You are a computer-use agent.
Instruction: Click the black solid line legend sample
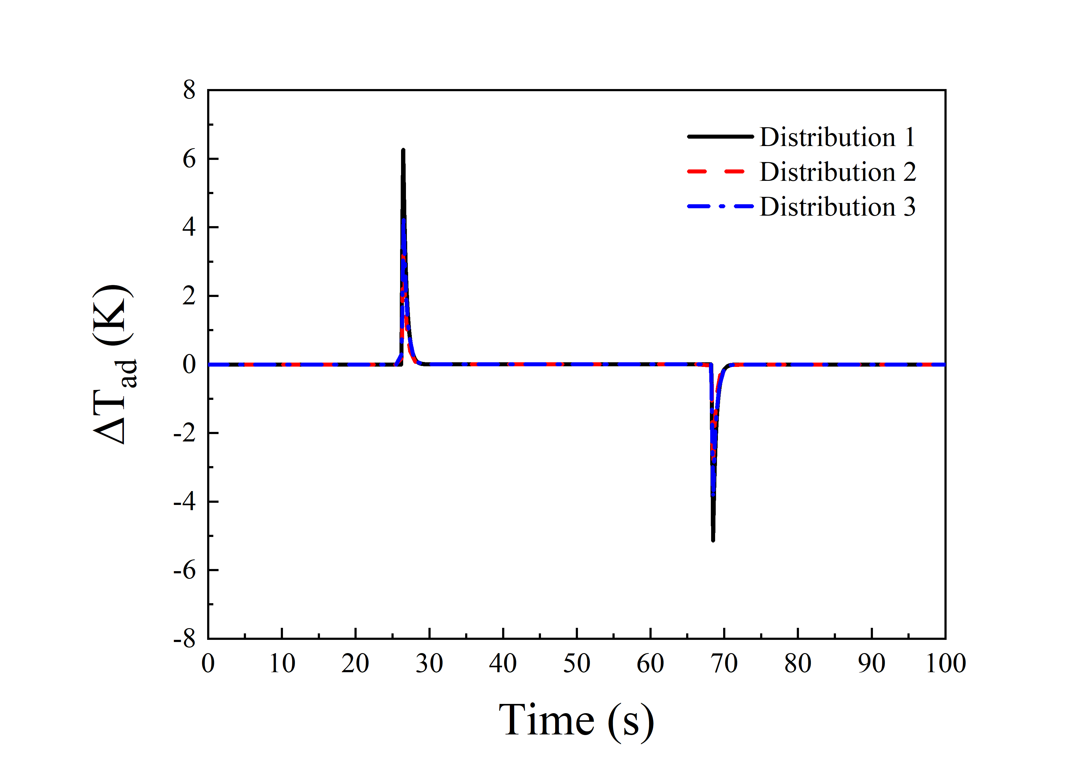point(720,136)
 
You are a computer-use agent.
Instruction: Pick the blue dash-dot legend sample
point(720,206)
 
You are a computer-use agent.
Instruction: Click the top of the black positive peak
point(403,151)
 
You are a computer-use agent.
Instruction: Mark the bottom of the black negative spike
point(713,540)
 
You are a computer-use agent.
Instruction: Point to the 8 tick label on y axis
point(189,90)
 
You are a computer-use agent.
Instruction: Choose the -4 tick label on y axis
point(185,502)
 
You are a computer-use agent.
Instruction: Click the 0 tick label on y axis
point(189,364)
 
